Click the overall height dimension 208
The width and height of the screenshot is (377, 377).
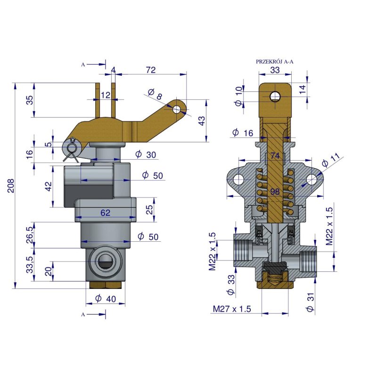(11, 186)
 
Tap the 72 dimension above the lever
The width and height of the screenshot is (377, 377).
(151, 70)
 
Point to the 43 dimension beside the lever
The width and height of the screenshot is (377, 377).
(202, 121)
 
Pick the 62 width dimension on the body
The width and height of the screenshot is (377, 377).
(105, 213)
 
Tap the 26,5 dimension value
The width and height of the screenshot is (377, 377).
(30, 235)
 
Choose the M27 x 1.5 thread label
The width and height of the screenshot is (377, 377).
(231, 309)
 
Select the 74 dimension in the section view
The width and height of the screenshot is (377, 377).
(275, 156)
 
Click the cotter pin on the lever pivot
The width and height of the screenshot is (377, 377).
(72, 147)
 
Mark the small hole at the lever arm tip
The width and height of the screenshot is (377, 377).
(177, 109)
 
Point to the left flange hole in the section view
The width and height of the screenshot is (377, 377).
(239, 180)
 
